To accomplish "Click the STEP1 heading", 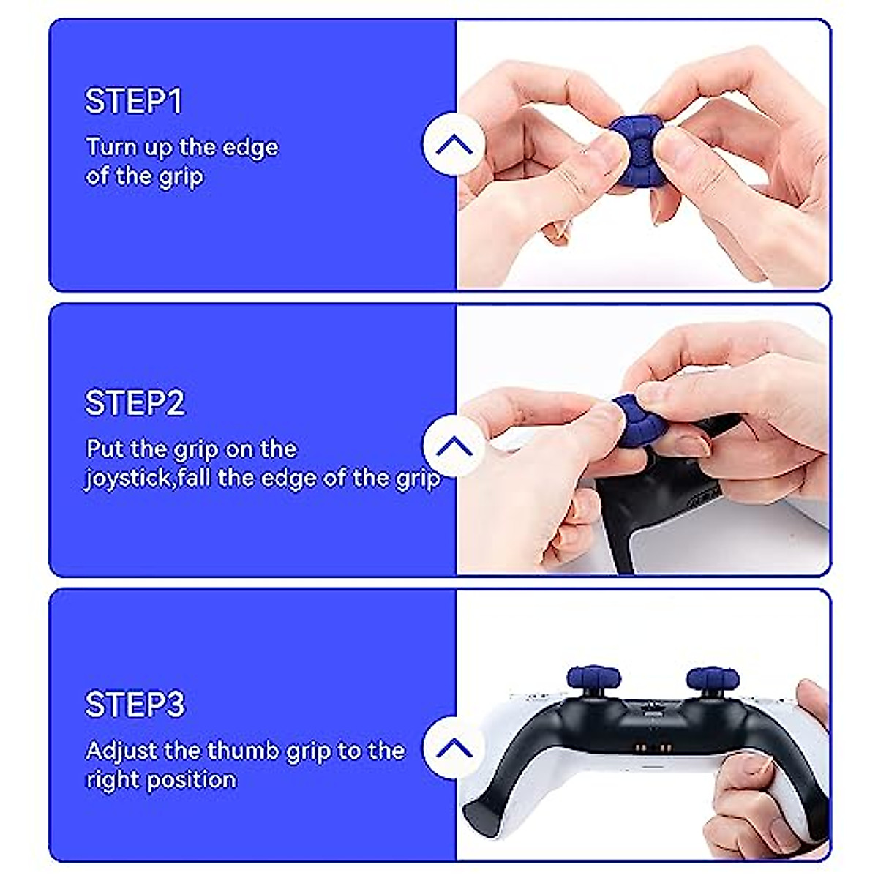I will pyautogui.click(x=133, y=101).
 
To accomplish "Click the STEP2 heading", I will pyautogui.click(x=135, y=403).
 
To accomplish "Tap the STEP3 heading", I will pyautogui.click(x=135, y=705).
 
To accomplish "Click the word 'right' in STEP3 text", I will pyautogui.click(x=112, y=780).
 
